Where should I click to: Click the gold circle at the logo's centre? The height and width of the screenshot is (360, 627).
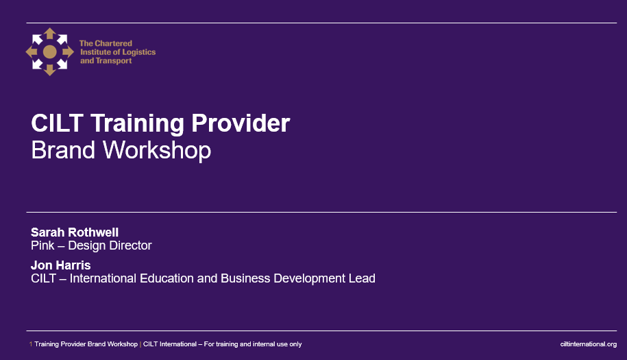(x=49, y=51)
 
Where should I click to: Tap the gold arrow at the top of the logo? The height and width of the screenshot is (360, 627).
(x=49, y=33)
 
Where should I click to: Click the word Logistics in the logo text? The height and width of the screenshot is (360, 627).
(x=138, y=52)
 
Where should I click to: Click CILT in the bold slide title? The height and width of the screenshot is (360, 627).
(x=57, y=123)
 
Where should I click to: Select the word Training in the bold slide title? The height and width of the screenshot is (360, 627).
(x=137, y=123)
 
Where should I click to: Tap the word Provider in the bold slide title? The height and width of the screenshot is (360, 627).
(x=241, y=123)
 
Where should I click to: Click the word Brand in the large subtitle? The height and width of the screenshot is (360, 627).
(x=63, y=150)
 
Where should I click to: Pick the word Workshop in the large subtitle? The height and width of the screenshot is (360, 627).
(x=157, y=151)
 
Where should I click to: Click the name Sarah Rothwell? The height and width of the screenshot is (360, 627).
(x=75, y=232)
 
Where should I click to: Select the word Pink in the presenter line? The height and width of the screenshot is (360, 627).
(x=42, y=245)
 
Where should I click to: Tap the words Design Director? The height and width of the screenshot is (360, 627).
(x=110, y=245)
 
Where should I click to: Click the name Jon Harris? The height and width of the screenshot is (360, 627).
(x=61, y=265)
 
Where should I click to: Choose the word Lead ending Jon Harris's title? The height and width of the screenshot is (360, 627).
(x=362, y=278)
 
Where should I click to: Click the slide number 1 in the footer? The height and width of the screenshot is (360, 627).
(x=31, y=344)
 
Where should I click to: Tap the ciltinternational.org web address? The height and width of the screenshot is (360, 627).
(x=589, y=344)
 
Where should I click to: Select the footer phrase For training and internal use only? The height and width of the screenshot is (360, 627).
(x=253, y=344)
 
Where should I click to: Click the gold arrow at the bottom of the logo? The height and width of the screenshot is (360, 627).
(x=49, y=70)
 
